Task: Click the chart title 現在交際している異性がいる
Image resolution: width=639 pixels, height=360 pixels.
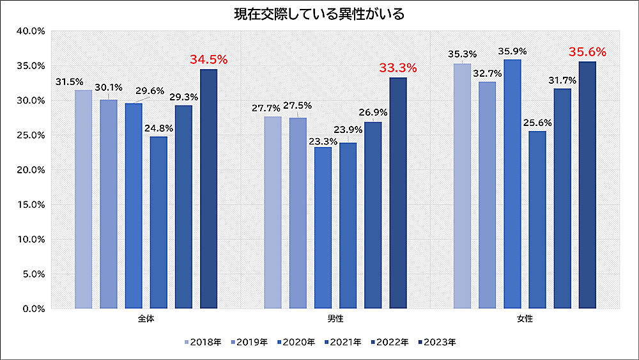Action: pyautogui.click(x=319, y=13)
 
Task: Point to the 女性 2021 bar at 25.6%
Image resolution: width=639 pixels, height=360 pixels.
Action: pyautogui.click(x=537, y=220)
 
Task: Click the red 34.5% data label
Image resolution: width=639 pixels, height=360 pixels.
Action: pyautogui.click(x=208, y=59)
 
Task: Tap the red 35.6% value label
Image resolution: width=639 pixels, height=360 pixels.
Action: pyautogui.click(x=587, y=52)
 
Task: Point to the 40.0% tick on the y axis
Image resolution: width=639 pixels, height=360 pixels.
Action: pyautogui.click(x=31, y=31)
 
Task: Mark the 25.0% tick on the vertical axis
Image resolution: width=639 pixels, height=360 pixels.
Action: pyautogui.click(x=31, y=135)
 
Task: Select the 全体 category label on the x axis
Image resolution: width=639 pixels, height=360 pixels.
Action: pyautogui.click(x=146, y=318)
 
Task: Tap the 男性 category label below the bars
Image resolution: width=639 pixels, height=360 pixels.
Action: pyautogui.click(x=335, y=318)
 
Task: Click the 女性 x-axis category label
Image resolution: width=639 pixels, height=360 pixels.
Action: pyautogui.click(x=525, y=318)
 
